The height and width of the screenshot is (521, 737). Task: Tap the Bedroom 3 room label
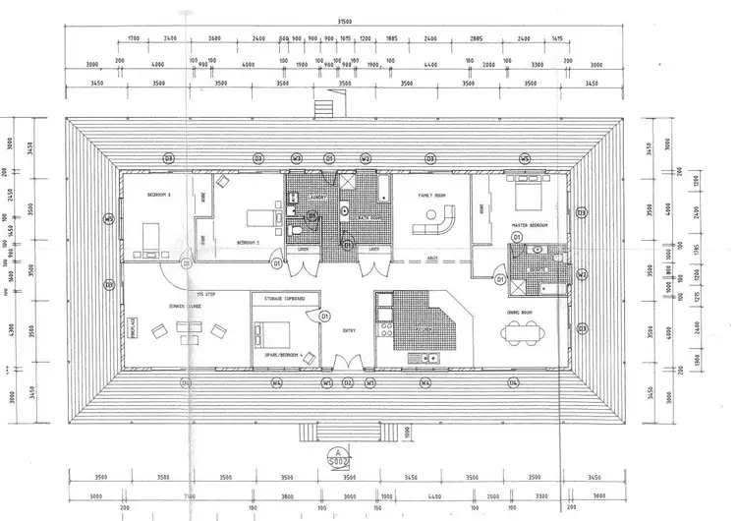coord(159,195)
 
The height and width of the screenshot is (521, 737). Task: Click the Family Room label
coord(432,195)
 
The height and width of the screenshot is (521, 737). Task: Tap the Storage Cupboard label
coord(284,297)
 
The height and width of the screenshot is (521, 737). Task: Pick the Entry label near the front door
coord(349,330)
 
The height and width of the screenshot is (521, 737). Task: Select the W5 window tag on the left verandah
coord(109,218)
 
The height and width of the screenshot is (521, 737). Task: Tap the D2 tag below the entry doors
coord(348,381)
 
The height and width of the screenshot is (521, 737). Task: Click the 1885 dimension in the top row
coord(390,39)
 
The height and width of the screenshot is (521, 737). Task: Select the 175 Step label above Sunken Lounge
coord(205,294)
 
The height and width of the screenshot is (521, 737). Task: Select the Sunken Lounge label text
coord(183,306)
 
